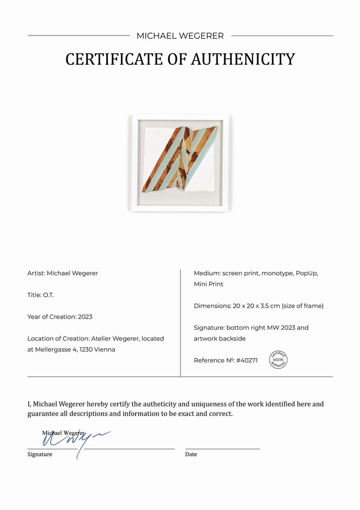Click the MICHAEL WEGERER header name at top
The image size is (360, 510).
coord(180,35)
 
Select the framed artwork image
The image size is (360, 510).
coord(180,162)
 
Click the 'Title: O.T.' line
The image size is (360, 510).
coord(40,295)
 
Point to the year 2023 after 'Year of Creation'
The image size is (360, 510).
coord(85,317)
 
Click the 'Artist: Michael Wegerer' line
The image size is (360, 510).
coord(62,273)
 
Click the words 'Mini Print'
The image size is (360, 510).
coord(208,284)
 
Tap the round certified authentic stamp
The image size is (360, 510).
coord(278,359)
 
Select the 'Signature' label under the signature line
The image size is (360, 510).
coord(40,454)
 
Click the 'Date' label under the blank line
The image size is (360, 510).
coord(191,454)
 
